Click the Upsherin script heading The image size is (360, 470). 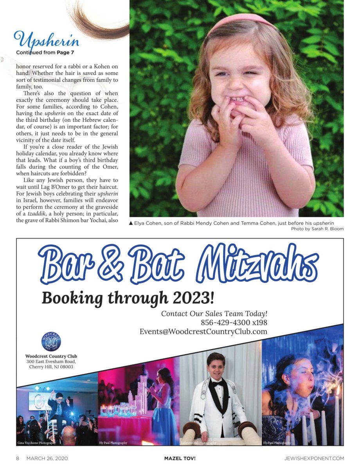pos(47,40)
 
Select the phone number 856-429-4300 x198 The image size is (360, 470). pos(234,323)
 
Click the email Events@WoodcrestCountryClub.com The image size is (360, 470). pos(203,332)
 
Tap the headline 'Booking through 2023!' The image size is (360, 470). pos(128,298)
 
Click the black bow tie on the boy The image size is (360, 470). pos(217,383)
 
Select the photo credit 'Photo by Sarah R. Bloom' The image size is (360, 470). pos(317,229)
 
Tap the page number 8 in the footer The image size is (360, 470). pos(18,458)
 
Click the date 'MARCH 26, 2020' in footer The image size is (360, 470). pos(44,458)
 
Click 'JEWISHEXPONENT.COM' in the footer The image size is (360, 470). pos(314,458)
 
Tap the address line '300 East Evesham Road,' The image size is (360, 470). pos(51,362)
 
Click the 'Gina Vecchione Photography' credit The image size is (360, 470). pos(36,443)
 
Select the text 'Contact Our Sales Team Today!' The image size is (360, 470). pos(214,314)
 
